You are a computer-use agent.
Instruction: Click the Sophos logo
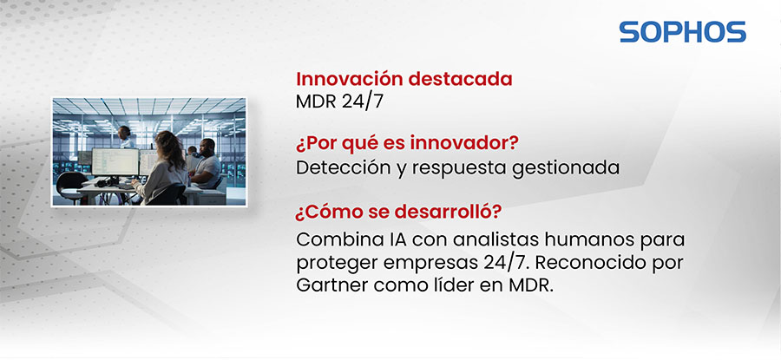point(682,32)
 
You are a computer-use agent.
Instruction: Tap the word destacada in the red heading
point(466,79)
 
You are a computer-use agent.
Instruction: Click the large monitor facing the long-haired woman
point(115,160)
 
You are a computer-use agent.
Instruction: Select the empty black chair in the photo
point(72,183)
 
